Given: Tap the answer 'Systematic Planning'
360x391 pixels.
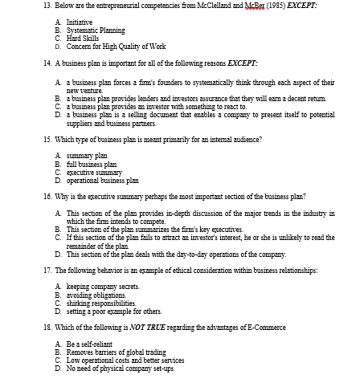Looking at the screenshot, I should tap(95, 31).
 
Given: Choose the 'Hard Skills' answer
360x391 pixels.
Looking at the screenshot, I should tap(84, 37).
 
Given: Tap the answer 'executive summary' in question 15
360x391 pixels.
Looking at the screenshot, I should tap(94, 173).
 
